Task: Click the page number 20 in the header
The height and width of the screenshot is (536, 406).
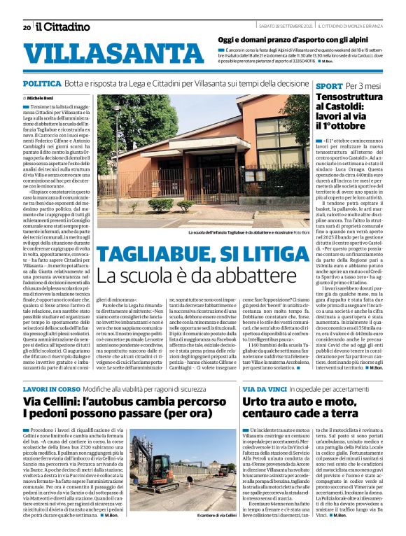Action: pos(26,27)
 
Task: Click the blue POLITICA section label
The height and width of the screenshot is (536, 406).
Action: pos(41,83)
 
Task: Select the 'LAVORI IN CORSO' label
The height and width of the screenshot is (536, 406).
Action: pos(50,388)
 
